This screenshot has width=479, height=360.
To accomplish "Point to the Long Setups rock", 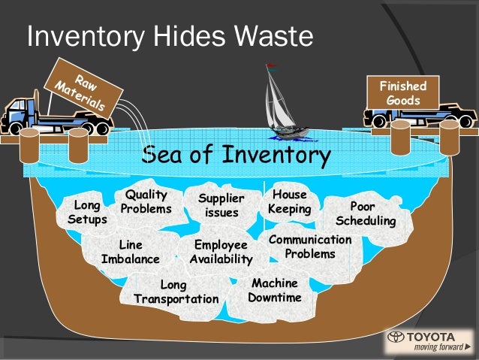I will point(87,212).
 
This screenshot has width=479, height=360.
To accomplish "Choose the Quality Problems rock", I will point(146,201).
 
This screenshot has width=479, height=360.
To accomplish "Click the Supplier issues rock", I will point(221,205).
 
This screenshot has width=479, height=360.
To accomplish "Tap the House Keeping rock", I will point(289,201).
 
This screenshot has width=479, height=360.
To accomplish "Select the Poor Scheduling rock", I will point(365,213).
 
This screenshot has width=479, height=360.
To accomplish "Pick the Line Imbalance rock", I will point(131,252).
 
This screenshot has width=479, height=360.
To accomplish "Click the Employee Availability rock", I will point(221,252).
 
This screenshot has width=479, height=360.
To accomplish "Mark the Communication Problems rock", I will point(310,247).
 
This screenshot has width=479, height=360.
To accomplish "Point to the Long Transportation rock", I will point(176,292).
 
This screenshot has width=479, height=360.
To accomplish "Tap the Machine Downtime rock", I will point(275,290).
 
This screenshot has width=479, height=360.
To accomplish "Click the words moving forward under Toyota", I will point(438,348).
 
